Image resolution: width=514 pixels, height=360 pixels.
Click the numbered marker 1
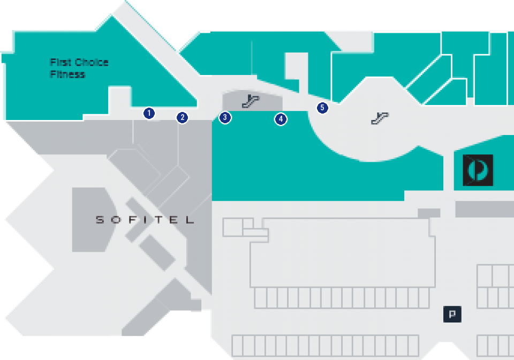pyautogui.click(x=149, y=114)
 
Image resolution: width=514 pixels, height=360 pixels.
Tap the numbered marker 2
pyautogui.click(x=183, y=118)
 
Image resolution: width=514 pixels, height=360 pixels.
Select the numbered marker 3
pyautogui.click(x=225, y=118)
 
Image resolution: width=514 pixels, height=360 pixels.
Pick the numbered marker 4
pyautogui.click(x=281, y=119)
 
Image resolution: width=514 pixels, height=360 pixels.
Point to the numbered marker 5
pyautogui.click(x=322, y=108)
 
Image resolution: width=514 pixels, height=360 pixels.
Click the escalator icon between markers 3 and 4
pyautogui.click(x=251, y=101)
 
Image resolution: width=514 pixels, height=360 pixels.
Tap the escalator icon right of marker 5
pyautogui.click(x=380, y=118)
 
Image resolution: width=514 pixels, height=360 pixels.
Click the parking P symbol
pyautogui.click(x=452, y=314)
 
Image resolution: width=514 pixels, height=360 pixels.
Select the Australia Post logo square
pyautogui.click(x=478, y=170)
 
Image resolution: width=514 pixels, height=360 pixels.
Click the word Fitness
pyautogui.click(x=67, y=74)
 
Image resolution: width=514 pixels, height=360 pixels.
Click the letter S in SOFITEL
pyautogui.click(x=100, y=220)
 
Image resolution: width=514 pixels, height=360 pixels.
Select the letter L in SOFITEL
pyautogui.click(x=190, y=220)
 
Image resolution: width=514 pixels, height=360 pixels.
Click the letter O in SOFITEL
pyautogui.click(x=116, y=220)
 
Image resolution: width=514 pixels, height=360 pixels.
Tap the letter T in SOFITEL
pyautogui.click(x=160, y=220)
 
